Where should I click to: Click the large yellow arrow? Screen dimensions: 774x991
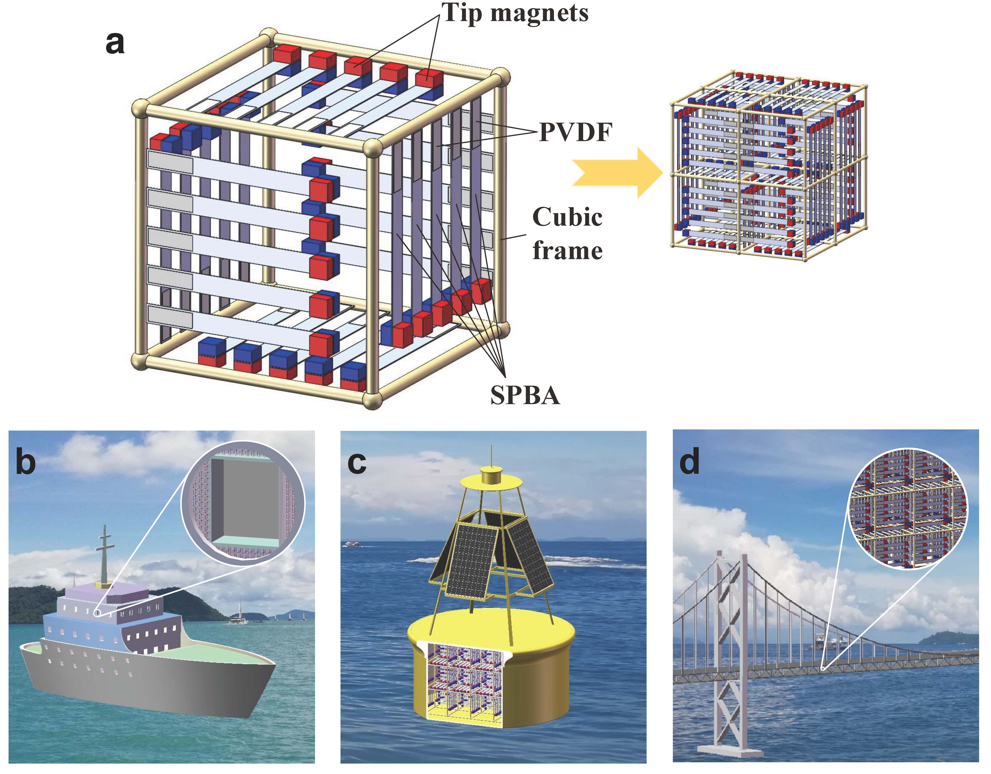click(617, 173)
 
